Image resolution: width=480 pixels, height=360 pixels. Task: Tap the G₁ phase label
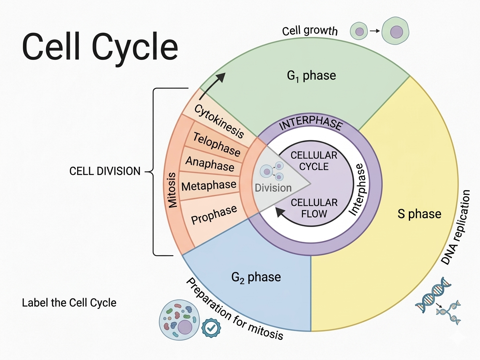pos(312,75)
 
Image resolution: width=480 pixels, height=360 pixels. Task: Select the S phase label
pos(419,214)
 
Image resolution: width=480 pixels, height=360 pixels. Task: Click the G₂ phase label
pos(256,277)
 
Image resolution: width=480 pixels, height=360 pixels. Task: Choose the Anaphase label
pos(210,163)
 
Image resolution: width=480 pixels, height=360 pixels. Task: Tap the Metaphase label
pos(209,186)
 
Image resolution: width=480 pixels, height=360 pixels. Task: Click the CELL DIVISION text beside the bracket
pos(105,171)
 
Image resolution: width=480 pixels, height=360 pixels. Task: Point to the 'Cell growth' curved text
pos(310,31)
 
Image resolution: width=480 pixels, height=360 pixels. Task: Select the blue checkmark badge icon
pos(210,327)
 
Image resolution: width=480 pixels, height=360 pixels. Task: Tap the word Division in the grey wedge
pos(273,188)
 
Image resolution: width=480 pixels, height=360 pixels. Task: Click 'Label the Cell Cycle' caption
pos(69,302)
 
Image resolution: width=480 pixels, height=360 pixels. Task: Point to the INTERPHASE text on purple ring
pos(310,125)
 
